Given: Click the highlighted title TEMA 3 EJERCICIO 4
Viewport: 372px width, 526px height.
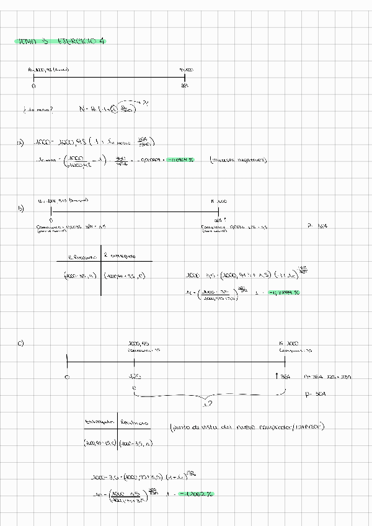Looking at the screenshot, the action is pyautogui.click(x=60, y=42).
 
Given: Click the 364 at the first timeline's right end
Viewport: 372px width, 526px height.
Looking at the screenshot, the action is pyautogui.click(x=185, y=86).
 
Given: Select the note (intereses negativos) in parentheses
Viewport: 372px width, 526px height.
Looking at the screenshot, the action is pyautogui.click(x=239, y=159).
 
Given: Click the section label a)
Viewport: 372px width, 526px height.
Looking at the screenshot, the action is pyautogui.click(x=20, y=143).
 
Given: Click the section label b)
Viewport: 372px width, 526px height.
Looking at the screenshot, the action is pyautogui.click(x=20, y=210).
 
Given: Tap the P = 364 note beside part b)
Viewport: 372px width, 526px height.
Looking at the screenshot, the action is pyautogui.click(x=317, y=226).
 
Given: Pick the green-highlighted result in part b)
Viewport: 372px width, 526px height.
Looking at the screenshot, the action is pyautogui.click(x=285, y=292).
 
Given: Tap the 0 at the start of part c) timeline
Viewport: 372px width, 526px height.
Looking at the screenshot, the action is pyautogui.click(x=67, y=376).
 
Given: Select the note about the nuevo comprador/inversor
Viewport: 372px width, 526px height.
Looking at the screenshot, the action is pyautogui.click(x=247, y=427).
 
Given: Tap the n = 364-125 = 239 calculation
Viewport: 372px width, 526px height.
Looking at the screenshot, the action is pyautogui.click(x=328, y=377).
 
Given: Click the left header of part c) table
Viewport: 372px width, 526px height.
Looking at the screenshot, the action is pyautogui.click(x=99, y=423).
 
